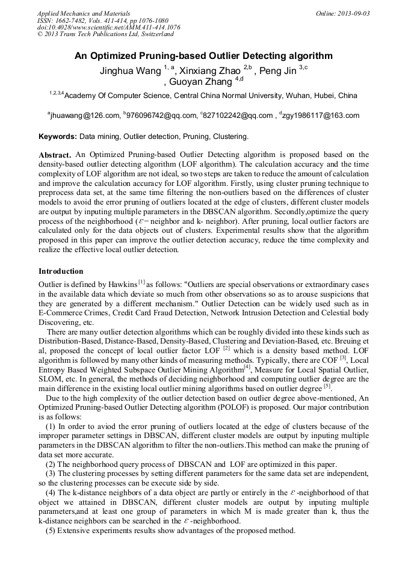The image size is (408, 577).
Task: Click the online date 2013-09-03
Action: click(x=354, y=13)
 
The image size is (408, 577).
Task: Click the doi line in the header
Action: click(x=108, y=27)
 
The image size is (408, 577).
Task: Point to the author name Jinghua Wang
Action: click(x=131, y=71)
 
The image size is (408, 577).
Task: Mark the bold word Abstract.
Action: click(x=55, y=155)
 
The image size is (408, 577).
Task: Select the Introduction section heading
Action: click(x=61, y=271)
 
